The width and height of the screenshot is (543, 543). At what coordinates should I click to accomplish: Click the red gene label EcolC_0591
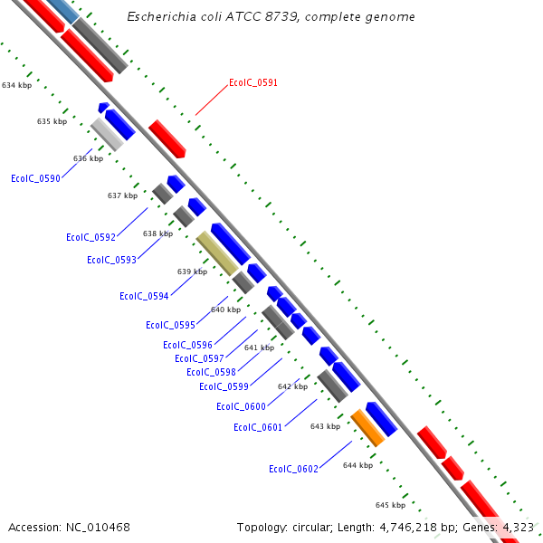pos(253,82)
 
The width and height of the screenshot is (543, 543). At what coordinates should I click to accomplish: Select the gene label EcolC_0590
pos(35,178)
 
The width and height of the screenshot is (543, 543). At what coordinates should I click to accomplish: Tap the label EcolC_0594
pos(144,296)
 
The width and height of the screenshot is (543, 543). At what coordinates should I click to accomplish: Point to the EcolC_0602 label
pos(293,469)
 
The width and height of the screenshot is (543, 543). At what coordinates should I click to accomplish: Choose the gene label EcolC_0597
pos(199,358)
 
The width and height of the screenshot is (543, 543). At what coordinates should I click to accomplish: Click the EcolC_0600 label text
pos(241,406)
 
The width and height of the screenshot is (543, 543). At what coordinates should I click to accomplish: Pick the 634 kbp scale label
pos(16,85)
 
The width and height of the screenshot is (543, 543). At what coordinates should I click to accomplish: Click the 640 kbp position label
pos(225,310)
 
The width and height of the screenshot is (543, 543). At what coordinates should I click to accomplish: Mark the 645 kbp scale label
pos(390,505)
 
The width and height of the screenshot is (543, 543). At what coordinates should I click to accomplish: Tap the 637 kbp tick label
pos(122,195)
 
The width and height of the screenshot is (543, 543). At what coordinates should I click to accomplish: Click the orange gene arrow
pos(368,427)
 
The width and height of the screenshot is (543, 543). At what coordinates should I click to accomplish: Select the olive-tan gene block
pos(217,252)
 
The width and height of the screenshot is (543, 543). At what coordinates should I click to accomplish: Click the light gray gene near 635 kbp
pos(107,135)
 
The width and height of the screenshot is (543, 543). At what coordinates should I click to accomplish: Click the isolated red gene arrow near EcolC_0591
pos(167,138)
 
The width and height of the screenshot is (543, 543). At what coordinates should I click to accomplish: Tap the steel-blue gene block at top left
pos(62,10)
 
